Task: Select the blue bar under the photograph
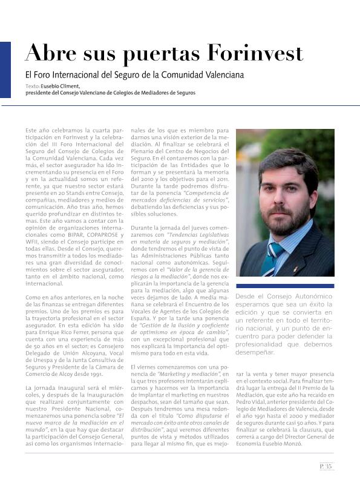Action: [284, 286]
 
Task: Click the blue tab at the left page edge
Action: [5, 69]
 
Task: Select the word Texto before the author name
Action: [33, 87]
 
